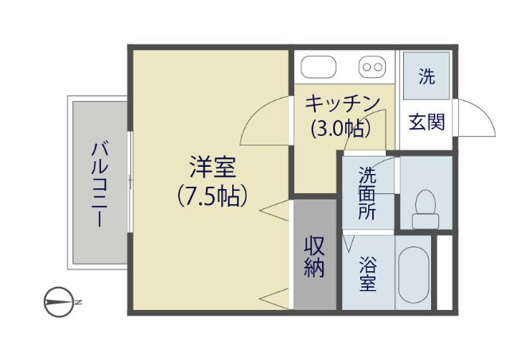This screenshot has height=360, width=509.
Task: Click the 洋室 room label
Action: coord(212,168)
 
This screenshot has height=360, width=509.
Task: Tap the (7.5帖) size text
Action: coord(212,196)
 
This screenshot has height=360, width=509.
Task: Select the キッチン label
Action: coord(343,104)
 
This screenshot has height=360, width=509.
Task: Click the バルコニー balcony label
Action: coord(99,184)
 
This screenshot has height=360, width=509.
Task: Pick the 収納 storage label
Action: coord(315,257)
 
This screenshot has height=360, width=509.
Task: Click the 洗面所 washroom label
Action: coord(367,193)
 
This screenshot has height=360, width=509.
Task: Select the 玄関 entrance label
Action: coord(427,122)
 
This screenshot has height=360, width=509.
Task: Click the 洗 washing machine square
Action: coord(427,77)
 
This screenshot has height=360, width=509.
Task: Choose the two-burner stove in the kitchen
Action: coord(371,67)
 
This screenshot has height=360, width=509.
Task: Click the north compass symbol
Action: coord(57,301)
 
